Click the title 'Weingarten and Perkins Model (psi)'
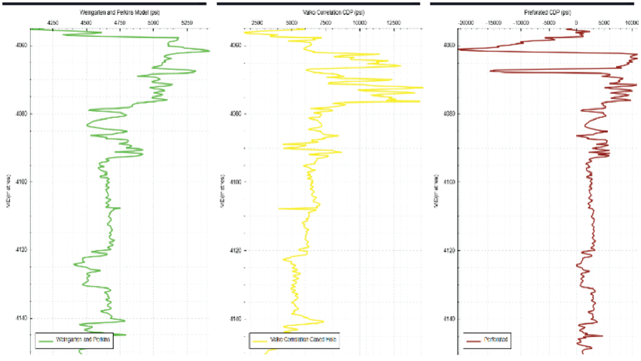119,12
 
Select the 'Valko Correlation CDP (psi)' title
333,12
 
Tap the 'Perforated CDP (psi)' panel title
547,12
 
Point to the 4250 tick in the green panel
53,23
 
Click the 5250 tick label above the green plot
187,23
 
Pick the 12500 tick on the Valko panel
393,23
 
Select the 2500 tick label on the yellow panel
257,23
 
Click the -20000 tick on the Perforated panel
466,23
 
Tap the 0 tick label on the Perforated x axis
576,23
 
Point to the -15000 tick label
494,23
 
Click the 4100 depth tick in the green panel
22,182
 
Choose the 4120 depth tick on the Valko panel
236,250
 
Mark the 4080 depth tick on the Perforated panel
449,114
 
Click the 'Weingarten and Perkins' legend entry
83,340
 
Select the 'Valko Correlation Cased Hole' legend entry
303,340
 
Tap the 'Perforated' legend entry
496,340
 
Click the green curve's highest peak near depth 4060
209,51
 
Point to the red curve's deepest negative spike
459,50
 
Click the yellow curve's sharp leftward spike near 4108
279,209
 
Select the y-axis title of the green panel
8,191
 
